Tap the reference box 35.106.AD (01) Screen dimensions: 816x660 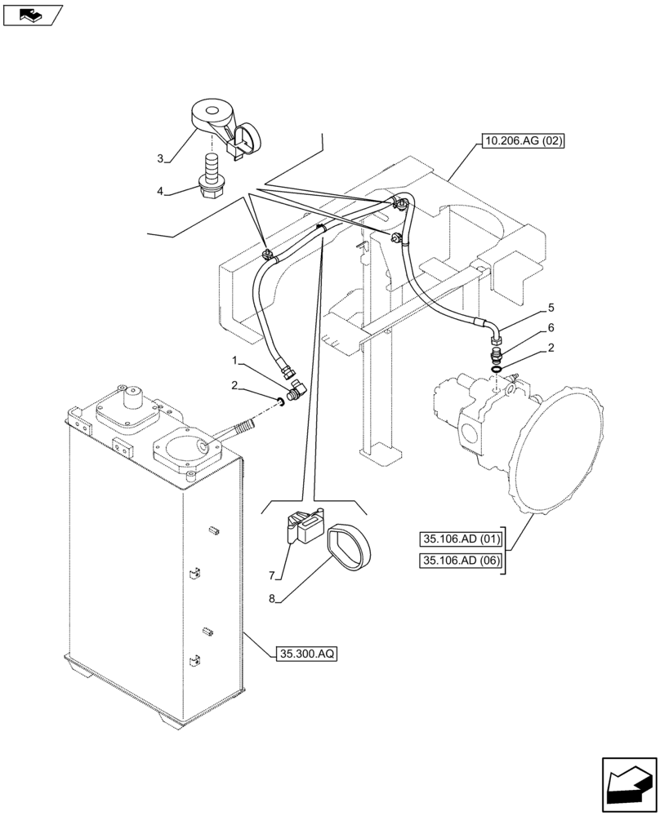coord(461,539)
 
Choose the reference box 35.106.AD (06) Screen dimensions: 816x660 coord(461,560)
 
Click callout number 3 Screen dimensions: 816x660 coord(161,157)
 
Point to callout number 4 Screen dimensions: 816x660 coord(161,191)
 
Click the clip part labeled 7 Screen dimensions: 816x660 coord(305,528)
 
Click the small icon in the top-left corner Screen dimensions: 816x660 coord(32,14)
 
